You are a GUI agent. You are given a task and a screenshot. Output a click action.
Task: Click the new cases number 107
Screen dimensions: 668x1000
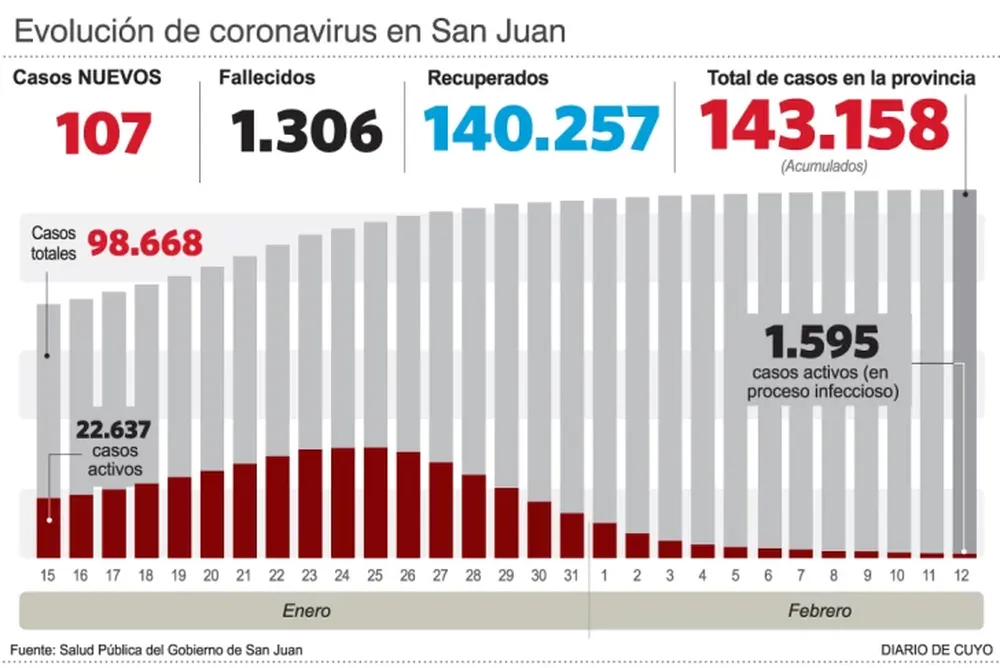pyautogui.click(x=104, y=133)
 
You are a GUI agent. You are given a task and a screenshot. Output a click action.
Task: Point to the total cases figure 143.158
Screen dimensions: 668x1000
pyautogui.click(x=823, y=126)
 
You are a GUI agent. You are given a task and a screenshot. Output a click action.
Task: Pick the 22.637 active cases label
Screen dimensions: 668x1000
pyautogui.click(x=113, y=431)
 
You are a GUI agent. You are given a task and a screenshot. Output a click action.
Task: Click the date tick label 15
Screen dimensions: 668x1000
pyautogui.click(x=47, y=575)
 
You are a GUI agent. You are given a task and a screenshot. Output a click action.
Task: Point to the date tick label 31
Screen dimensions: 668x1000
pyautogui.click(x=571, y=575)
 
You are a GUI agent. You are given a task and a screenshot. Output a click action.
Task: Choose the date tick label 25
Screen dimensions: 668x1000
pyautogui.click(x=375, y=575)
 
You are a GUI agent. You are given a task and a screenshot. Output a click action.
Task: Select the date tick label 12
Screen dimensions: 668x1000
pyautogui.click(x=964, y=575)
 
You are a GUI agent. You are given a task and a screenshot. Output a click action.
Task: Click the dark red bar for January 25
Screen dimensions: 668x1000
pyautogui.click(x=375, y=502)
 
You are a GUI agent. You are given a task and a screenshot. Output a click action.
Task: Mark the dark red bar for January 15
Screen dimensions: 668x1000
pyautogui.click(x=47, y=527)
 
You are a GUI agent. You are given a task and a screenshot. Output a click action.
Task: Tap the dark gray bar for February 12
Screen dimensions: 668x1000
pyautogui.click(x=964, y=370)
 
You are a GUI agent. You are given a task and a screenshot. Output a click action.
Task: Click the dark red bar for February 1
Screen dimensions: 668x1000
pyautogui.click(x=604, y=540)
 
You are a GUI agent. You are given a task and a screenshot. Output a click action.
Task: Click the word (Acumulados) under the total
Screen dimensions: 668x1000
pyautogui.click(x=823, y=166)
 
